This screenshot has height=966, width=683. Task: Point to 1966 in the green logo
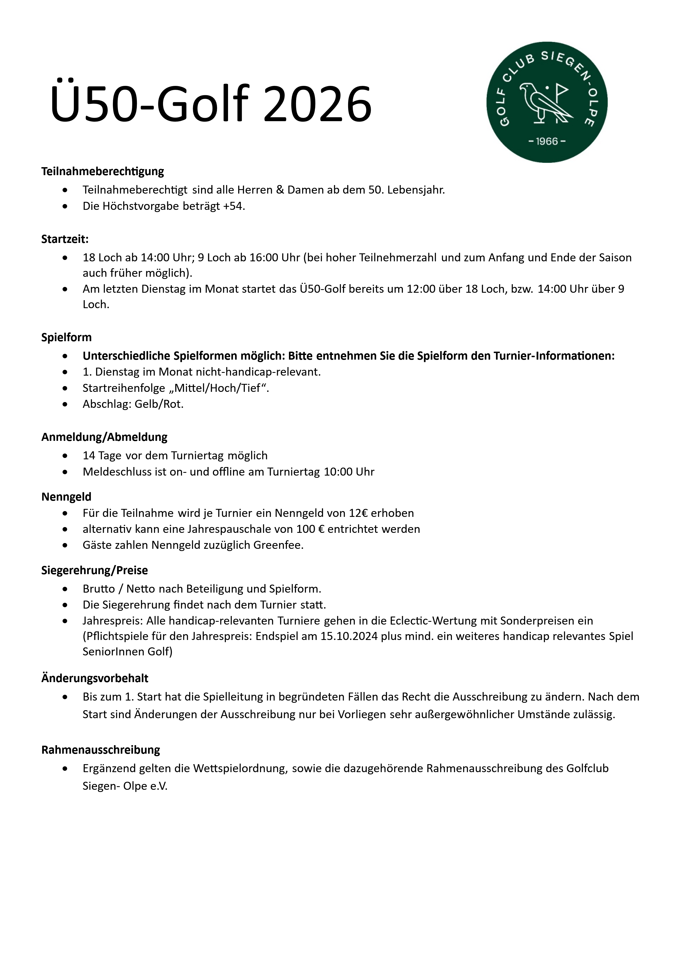coord(547,141)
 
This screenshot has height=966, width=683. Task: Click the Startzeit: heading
coord(65,239)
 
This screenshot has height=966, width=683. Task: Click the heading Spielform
coord(66,337)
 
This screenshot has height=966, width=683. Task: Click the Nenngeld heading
coord(66,497)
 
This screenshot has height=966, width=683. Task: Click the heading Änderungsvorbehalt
coord(95,678)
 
